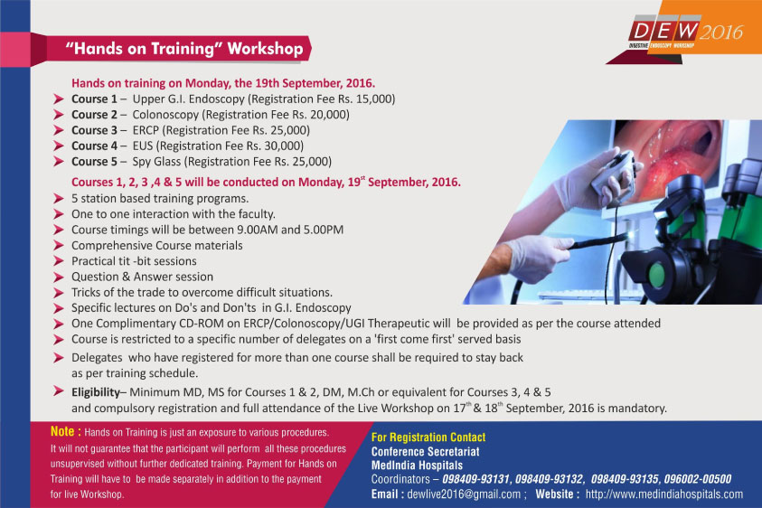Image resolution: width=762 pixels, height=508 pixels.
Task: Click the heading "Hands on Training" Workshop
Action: (184, 49)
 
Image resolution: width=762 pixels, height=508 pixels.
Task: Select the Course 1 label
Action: (94, 99)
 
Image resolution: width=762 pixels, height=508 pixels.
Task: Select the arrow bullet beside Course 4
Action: (59, 146)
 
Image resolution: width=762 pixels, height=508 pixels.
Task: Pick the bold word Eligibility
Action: (96, 393)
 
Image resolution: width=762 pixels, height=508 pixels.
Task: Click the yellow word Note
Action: (62, 432)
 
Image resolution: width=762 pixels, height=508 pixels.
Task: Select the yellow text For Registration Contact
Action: (428, 437)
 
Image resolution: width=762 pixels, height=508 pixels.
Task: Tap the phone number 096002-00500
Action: (697, 479)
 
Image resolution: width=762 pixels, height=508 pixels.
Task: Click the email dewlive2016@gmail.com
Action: (464, 494)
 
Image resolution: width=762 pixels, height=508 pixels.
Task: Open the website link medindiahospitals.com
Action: (664, 494)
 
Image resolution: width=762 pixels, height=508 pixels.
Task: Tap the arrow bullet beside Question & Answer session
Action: (59, 278)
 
